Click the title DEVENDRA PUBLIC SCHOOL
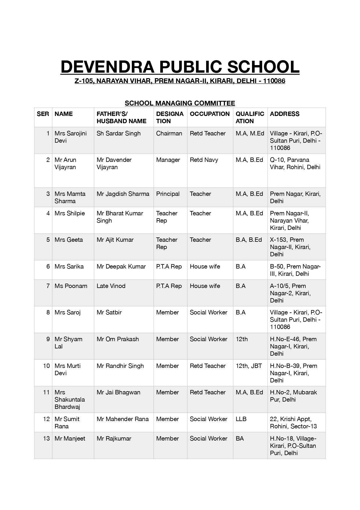click(180, 67)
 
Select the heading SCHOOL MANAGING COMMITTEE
click(180, 103)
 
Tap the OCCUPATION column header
click(210, 114)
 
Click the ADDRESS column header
click(285, 114)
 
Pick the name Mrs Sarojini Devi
click(71, 137)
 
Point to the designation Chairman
click(169, 133)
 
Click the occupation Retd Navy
click(204, 160)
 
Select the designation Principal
click(168, 194)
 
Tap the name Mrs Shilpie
click(70, 213)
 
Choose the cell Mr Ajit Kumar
click(115, 240)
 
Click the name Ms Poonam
click(71, 286)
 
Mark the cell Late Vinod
click(111, 286)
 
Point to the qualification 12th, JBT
click(249, 366)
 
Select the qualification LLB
click(241, 419)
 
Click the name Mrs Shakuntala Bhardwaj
click(70, 400)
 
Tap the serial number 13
click(46, 439)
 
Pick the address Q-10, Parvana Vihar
click(295, 163)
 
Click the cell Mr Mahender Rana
click(123, 419)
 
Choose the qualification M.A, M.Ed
click(250, 133)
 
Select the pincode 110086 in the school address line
click(274, 81)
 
